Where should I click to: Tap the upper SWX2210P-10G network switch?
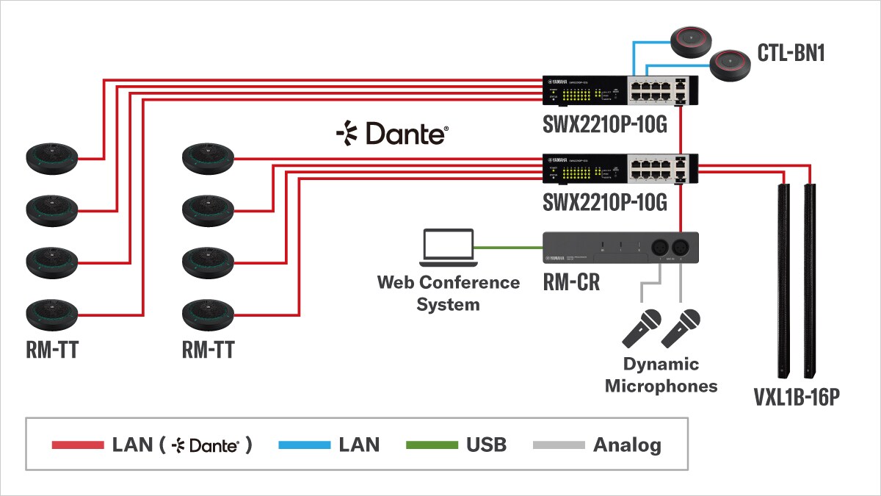(620, 90)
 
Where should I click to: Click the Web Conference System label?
(448, 293)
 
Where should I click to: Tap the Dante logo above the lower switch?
(392, 134)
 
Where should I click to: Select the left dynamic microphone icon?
(642, 328)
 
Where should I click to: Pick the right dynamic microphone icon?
(681, 328)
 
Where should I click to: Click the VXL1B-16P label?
(796, 398)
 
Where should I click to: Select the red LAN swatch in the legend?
(78, 445)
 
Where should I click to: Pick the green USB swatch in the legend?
(430, 445)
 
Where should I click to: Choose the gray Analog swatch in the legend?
(558, 445)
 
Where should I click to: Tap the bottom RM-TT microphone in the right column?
(208, 315)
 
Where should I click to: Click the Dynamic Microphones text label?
(661, 375)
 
